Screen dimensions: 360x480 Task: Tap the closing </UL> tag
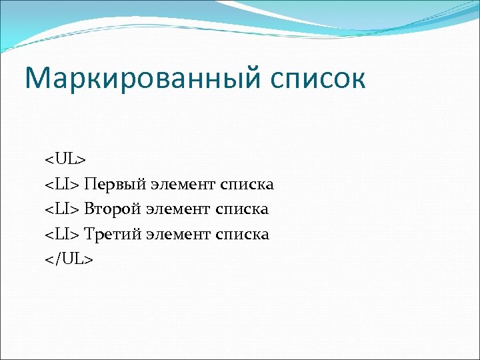69,259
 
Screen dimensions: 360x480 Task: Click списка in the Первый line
247,185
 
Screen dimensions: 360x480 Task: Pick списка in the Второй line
241,210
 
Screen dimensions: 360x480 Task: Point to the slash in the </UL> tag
56,259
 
